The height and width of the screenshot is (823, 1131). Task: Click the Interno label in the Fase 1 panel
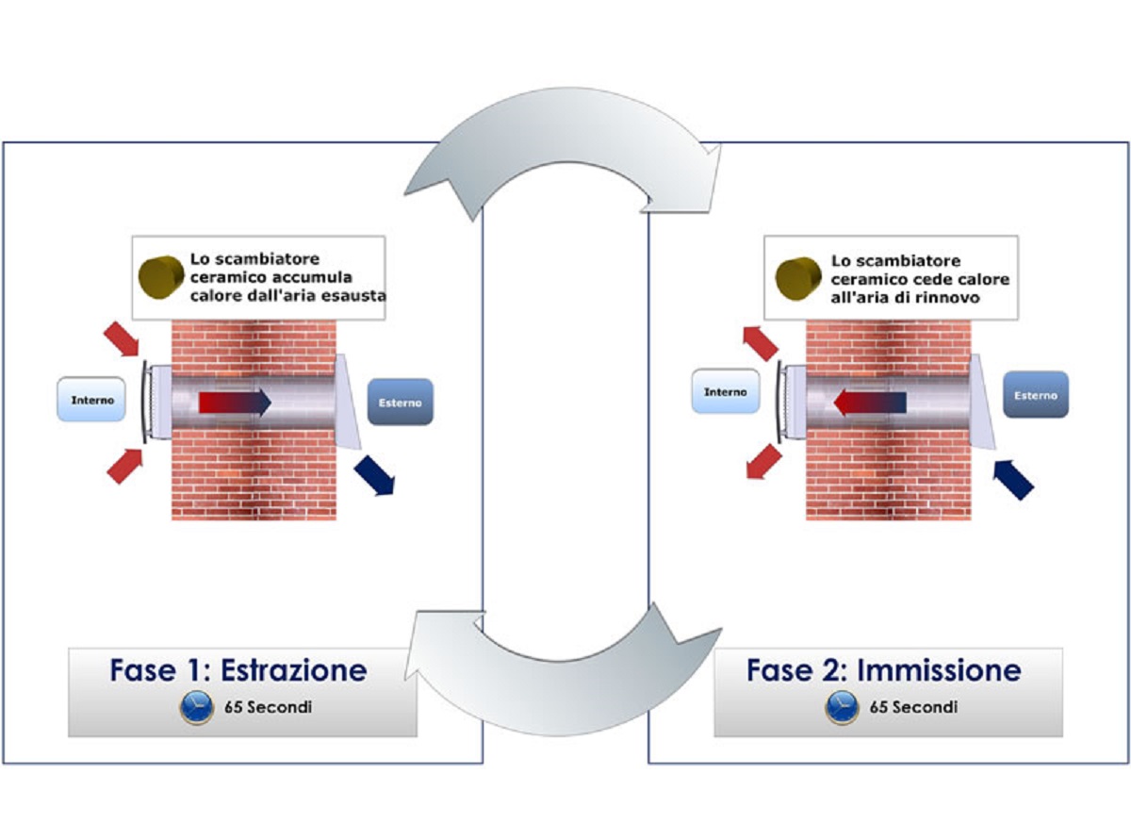[91, 400]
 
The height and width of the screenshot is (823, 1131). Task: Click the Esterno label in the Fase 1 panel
[400, 403]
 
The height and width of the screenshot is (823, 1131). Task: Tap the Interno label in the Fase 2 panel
[725, 392]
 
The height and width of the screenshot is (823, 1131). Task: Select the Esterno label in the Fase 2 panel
[1036, 395]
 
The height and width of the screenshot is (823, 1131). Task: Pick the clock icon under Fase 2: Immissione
[842, 708]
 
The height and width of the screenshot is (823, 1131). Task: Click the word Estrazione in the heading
[294, 670]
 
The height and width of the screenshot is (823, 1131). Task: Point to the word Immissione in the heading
[939, 670]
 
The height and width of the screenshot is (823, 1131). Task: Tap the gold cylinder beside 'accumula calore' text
[161, 277]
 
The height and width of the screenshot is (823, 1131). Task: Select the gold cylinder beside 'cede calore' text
[797, 279]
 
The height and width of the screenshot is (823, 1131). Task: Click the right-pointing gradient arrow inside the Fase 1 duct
[235, 403]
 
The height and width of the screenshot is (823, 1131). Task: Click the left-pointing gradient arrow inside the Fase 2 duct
[869, 403]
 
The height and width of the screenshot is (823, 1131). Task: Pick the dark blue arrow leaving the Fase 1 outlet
[375, 476]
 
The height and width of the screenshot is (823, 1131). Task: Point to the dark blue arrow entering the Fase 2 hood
[1013, 480]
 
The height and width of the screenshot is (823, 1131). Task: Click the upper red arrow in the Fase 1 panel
[122, 338]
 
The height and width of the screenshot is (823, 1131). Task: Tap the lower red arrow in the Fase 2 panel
[764, 461]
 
